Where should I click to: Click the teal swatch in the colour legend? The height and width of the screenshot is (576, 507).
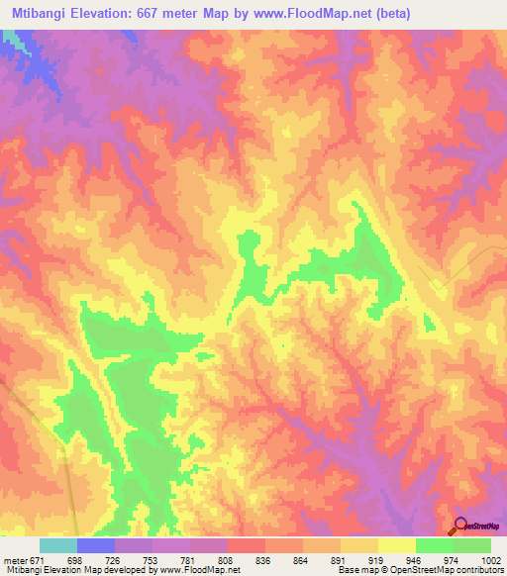[x=58, y=545]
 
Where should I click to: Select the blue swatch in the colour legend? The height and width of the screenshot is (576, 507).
[x=96, y=545]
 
